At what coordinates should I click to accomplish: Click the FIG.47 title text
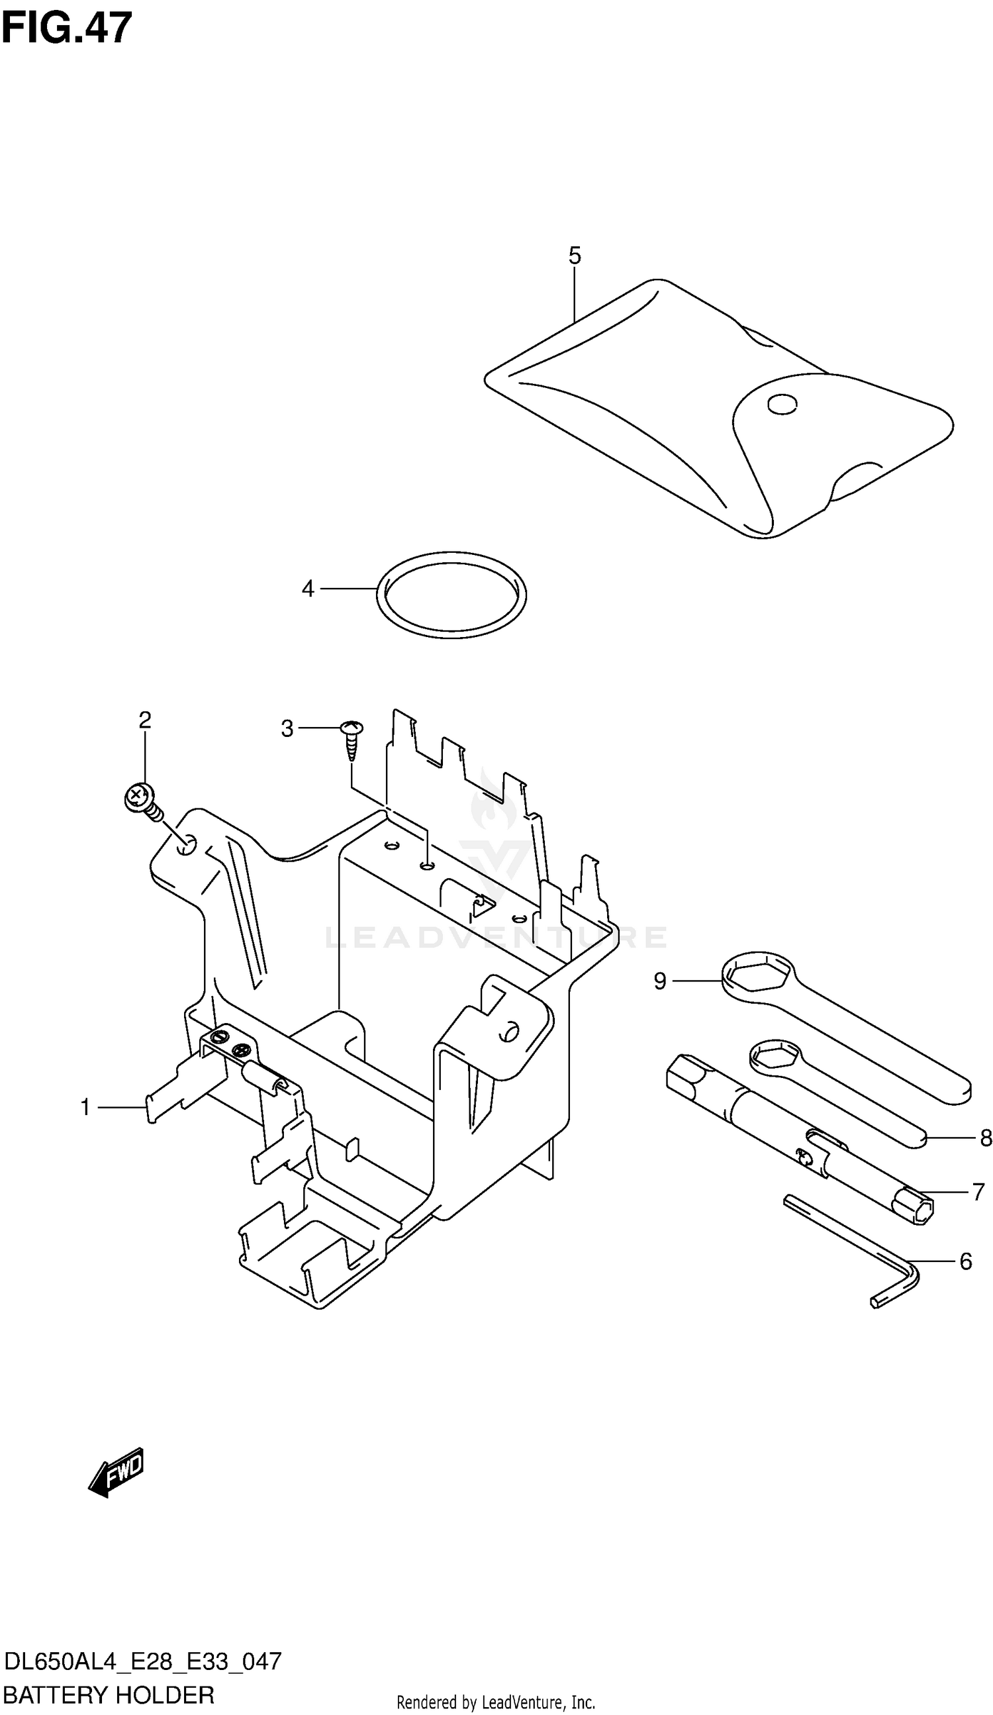[x=66, y=28]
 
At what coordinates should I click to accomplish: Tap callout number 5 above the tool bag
[x=575, y=256]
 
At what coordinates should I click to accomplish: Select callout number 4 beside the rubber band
[x=308, y=589]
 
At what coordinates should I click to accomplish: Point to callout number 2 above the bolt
[x=145, y=720]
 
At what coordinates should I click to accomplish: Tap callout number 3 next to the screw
[x=287, y=729]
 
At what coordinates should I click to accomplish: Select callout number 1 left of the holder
[x=86, y=1108]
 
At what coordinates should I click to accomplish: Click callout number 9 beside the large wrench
[x=659, y=981]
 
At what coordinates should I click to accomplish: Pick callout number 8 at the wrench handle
[x=986, y=1138]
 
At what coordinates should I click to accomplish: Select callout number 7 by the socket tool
[x=978, y=1192]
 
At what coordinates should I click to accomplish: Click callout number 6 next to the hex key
[x=965, y=1262]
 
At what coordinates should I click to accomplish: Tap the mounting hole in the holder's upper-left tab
[x=186, y=846]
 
